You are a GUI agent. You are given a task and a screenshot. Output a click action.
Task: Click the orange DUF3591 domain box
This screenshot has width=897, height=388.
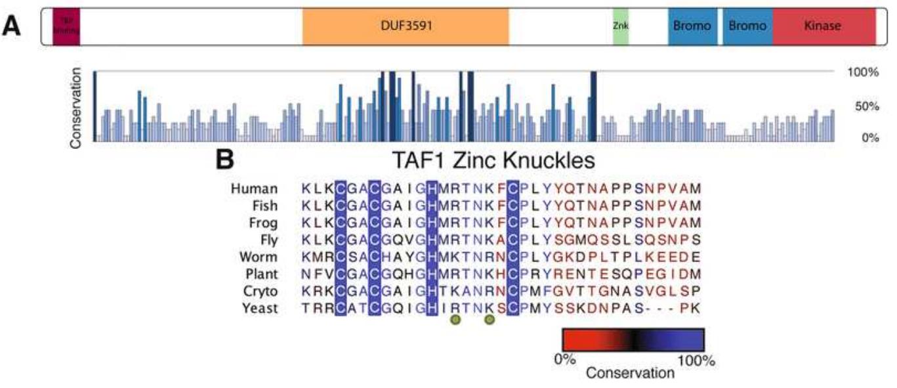(406, 26)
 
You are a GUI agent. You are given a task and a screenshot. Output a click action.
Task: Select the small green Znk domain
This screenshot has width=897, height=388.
(620, 26)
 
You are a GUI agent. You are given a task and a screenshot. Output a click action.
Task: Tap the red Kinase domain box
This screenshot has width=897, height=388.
(824, 26)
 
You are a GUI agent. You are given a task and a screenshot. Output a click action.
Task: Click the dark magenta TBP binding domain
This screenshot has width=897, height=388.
(66, 26)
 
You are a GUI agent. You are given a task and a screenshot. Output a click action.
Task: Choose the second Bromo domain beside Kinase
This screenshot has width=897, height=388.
(747, 26)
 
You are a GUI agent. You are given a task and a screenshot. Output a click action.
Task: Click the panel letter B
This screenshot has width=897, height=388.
(225, 160)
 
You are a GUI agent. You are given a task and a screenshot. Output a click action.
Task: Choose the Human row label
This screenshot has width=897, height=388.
(254, 188)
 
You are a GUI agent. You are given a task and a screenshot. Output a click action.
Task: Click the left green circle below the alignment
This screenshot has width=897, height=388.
(455, 320)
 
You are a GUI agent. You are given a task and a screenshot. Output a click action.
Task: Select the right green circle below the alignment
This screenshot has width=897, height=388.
(489, 320)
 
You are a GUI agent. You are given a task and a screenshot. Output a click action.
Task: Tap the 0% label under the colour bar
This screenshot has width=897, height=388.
(565, 360)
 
